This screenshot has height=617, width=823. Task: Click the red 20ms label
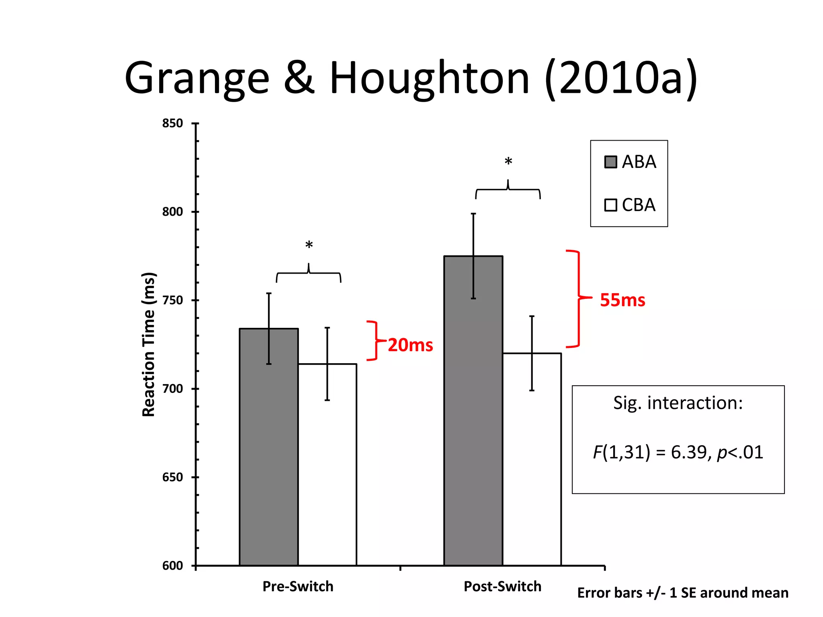(410, 345)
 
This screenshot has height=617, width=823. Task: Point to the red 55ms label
(622, 300)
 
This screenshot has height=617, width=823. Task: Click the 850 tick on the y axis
(172, 123)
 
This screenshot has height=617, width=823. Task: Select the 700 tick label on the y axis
(172, 388)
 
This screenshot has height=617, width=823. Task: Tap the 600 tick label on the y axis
(172, 566)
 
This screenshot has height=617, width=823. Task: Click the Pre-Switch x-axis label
(298, 586)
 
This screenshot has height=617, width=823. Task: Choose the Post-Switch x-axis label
(502, 586)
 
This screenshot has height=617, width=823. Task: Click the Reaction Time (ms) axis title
(148, 344)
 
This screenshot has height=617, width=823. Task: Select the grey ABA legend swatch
(610, 162)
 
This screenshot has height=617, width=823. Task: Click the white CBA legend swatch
(610, 205)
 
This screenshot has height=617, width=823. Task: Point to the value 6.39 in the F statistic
(688, 452)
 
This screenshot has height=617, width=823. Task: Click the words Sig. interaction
(678, 403)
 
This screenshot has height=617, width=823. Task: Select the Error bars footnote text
(682, 592)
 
